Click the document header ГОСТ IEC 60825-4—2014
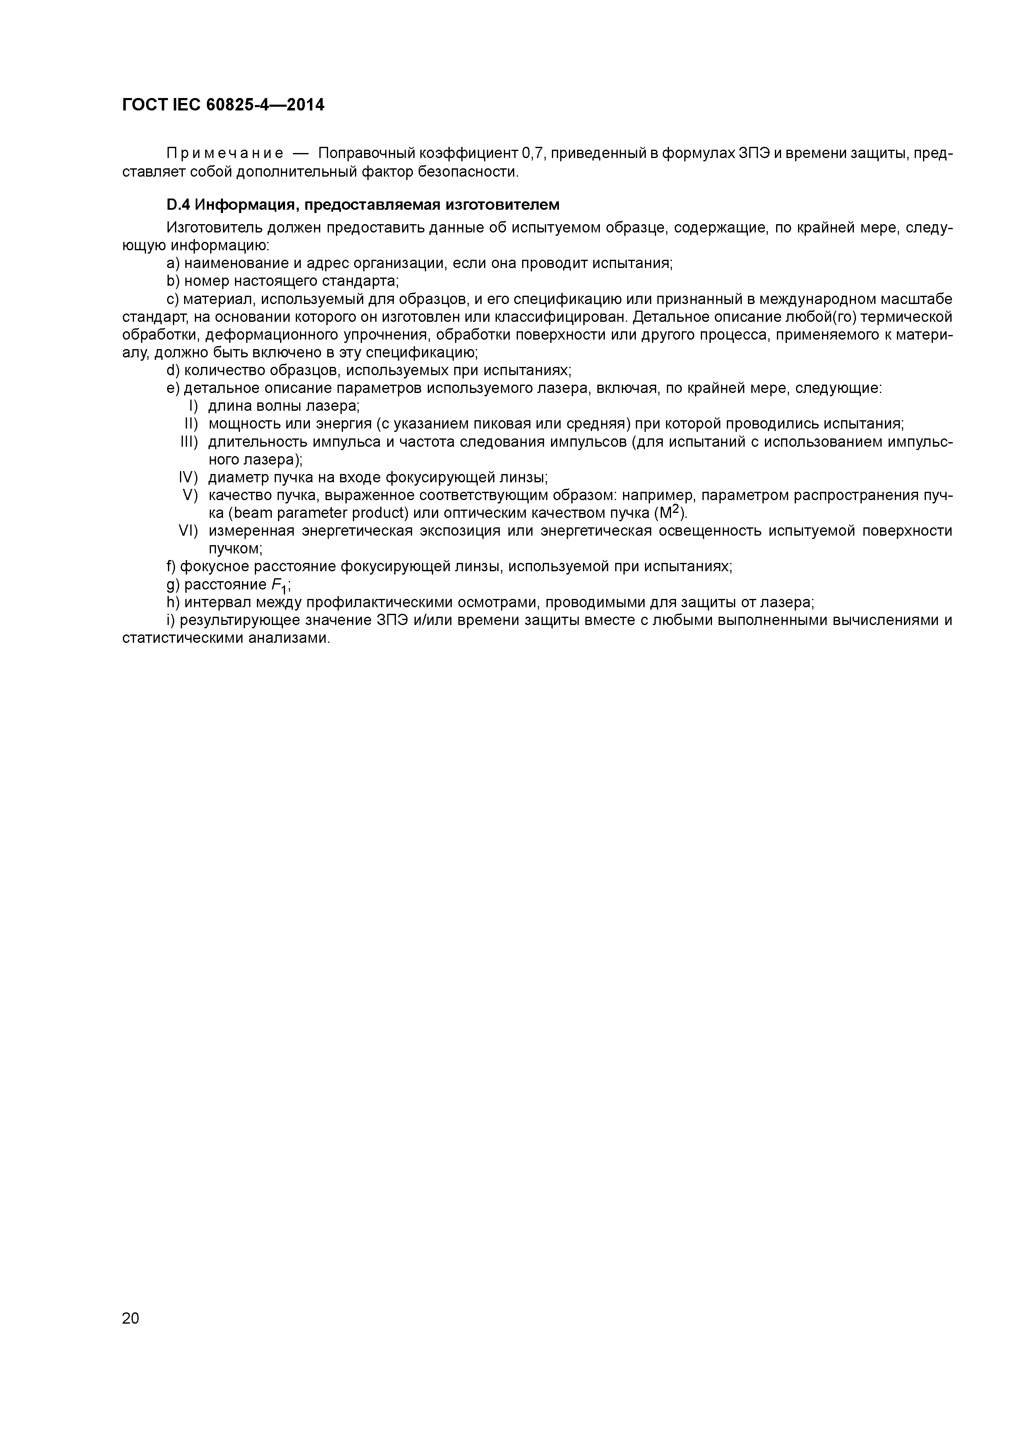pyautogui.click(x=223, y=105)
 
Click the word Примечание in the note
pyautogui.click(x=224, y=153)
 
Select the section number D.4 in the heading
pyautogui.click(x=178, y=205)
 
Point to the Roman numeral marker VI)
pyautogui.click(x=188, y=530)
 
